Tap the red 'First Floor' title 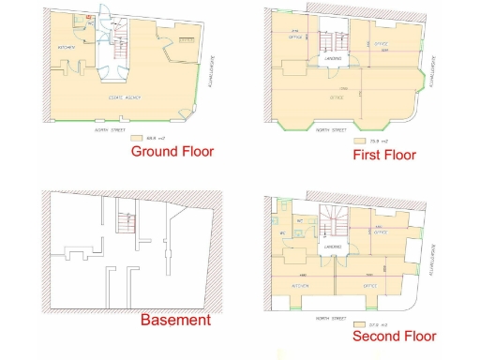[384, 155]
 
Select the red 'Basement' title [175, 321]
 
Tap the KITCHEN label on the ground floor [67, 47]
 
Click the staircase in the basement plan [123, 223]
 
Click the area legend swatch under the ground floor [127, 139]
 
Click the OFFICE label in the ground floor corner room [186, 39]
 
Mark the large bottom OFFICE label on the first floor [335, 96]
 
